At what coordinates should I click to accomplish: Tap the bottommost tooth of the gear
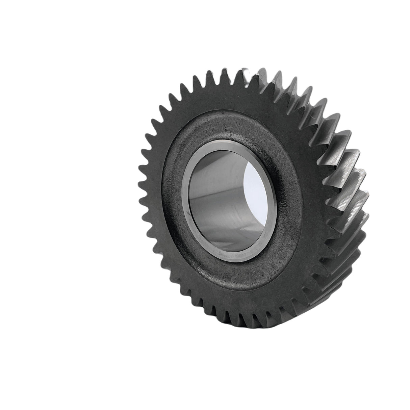click(x=233, y=324)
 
